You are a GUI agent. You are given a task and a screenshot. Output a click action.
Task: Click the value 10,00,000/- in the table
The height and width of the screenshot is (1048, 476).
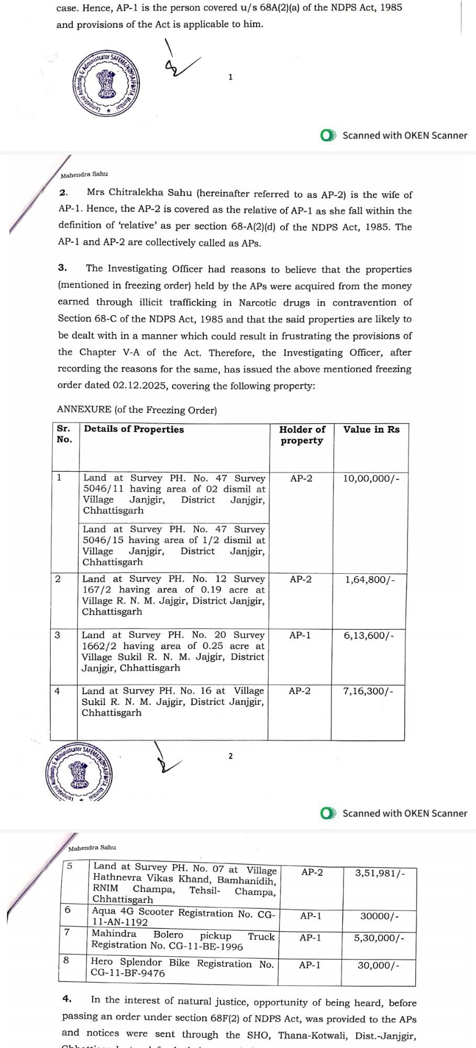coord(371,478)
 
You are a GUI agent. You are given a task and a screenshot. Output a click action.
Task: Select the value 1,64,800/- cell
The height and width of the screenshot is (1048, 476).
coord(370,580)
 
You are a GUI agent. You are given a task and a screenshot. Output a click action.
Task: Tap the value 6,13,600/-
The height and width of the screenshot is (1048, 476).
coord(369,636)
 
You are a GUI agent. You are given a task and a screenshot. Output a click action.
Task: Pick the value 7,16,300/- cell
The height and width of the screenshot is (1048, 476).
coord(368,691)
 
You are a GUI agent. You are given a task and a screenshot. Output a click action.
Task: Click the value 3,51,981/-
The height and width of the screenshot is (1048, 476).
coord(380,873)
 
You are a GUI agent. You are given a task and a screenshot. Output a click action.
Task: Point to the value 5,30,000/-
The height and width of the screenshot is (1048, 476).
coord(379,938)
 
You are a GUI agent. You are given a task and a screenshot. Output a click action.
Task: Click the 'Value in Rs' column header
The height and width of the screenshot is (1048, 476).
coord(371,430)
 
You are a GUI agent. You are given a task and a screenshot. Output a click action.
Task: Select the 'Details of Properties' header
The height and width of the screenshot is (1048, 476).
coord(134,429)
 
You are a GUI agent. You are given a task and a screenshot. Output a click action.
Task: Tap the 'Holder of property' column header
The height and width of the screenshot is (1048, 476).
coord(302,435)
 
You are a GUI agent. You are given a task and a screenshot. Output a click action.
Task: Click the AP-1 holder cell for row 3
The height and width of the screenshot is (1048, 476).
coord(300,635)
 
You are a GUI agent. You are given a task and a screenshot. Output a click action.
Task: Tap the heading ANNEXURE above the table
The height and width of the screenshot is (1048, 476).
coord(84,410)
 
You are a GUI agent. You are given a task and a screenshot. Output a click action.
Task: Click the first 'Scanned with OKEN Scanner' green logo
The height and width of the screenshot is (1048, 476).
coord(328,136)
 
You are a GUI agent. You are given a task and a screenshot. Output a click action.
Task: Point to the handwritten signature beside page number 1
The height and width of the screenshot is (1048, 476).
coord(178,62)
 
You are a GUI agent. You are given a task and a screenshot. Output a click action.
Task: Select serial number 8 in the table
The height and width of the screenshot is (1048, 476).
coord(66,960)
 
